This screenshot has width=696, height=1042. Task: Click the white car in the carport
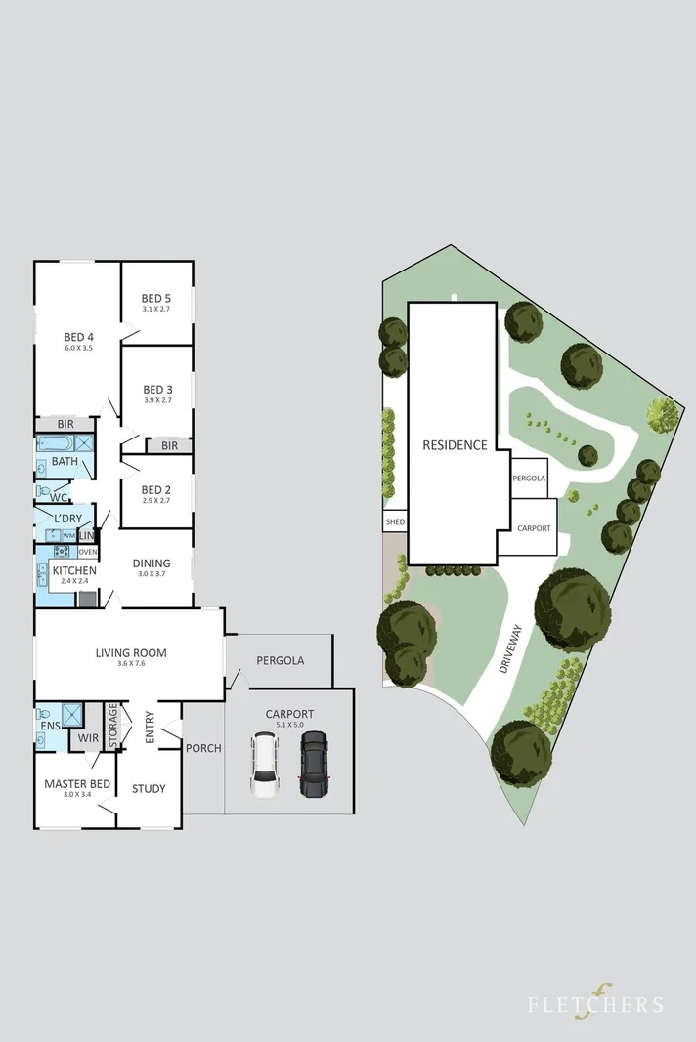266,767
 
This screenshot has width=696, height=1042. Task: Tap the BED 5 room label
156,299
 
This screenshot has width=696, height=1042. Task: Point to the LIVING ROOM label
131,653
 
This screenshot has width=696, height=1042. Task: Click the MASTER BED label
74,783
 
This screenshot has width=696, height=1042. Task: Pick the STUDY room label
149,788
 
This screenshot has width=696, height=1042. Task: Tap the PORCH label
203,748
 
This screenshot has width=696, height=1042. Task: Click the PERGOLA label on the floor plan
280,660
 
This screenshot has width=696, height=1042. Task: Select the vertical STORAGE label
113,727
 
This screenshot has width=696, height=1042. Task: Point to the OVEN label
87,552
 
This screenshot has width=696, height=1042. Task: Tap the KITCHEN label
73,570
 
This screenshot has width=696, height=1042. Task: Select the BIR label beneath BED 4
65,425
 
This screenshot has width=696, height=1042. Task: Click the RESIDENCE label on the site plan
454,445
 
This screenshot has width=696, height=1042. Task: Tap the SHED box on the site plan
395,522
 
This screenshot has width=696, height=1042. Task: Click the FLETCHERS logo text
596,1004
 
